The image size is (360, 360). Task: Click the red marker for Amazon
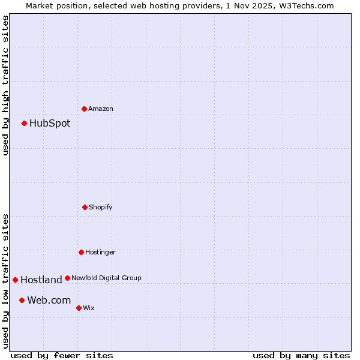tap(84, 109)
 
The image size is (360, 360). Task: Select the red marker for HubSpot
tap(25, 123)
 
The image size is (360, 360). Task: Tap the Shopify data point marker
tap(85, 207)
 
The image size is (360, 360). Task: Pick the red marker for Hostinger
tap(81, 252)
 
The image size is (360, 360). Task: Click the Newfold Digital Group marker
tap(67, 278)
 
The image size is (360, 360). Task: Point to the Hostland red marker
tap(16, 280)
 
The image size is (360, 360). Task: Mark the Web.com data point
tap(22, 300)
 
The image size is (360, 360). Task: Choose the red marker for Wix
tap(79, 308)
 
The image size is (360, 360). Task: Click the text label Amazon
tap(101, 109)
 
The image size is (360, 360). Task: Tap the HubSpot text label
tap(50, 124)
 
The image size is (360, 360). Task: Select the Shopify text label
tap(101, 208)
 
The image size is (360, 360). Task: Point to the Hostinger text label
tap(100, 253)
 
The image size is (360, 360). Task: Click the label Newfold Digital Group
tap(106, 278)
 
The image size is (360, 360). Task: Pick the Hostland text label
tap(41, 280)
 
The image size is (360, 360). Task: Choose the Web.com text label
tap(49, 301)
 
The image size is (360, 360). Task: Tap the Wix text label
tap(89, 308)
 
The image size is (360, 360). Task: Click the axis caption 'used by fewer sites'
tap(62, 355)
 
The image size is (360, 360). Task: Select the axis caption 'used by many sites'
tap(301, 355)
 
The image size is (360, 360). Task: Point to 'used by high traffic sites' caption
tap(5, 85)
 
